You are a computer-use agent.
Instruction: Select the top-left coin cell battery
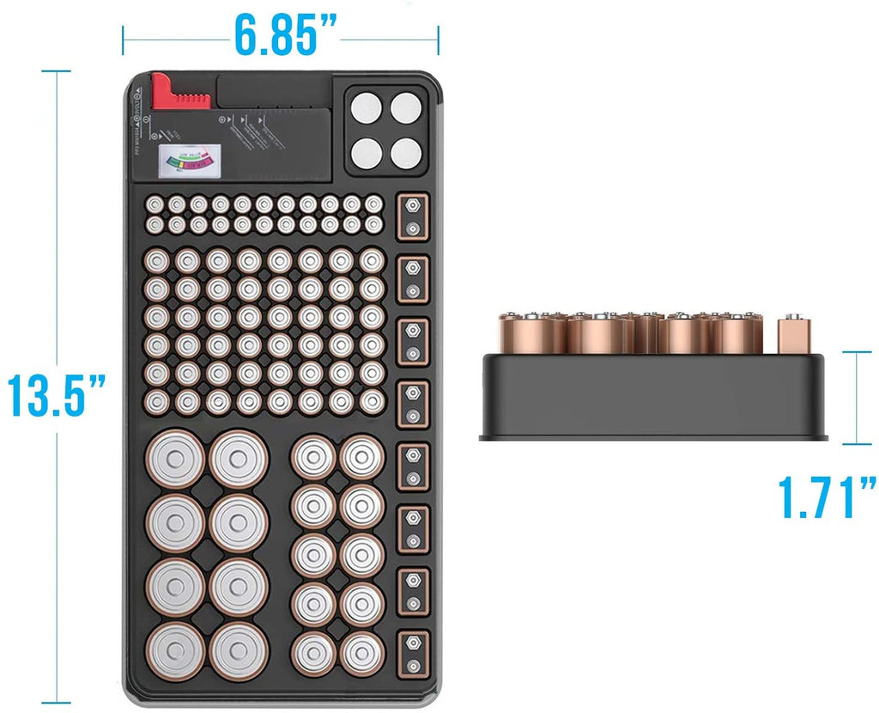(367, 109)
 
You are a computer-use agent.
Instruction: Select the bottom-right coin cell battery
(406, 152)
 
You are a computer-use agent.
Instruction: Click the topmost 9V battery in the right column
(414, 216)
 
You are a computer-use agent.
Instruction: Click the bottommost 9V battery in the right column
(414, 653)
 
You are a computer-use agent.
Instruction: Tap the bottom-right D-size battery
(239, 650)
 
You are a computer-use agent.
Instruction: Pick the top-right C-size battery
(361, 456)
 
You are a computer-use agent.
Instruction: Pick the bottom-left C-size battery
(312, 654)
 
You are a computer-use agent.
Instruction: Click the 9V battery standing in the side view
(794, 336)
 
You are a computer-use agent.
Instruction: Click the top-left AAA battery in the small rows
(155, 204)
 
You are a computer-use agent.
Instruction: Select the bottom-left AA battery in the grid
(160, 401)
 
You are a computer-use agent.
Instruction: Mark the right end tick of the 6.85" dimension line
(438, 39)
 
